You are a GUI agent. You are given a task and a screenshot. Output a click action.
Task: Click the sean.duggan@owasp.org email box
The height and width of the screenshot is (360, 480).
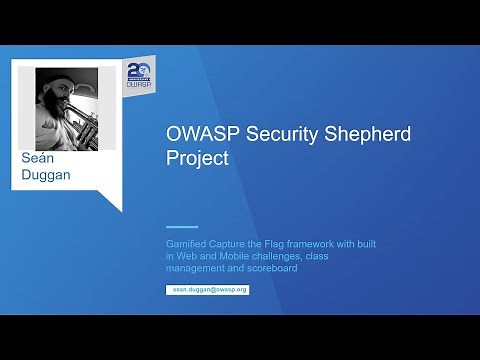point(207,288)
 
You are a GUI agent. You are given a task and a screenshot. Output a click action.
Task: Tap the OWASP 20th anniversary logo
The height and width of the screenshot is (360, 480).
point(139,75)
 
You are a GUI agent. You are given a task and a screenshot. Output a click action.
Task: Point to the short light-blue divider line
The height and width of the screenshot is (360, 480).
point(181,226)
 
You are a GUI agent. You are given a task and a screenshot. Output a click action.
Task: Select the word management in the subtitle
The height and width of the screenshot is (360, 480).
point(194,267)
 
